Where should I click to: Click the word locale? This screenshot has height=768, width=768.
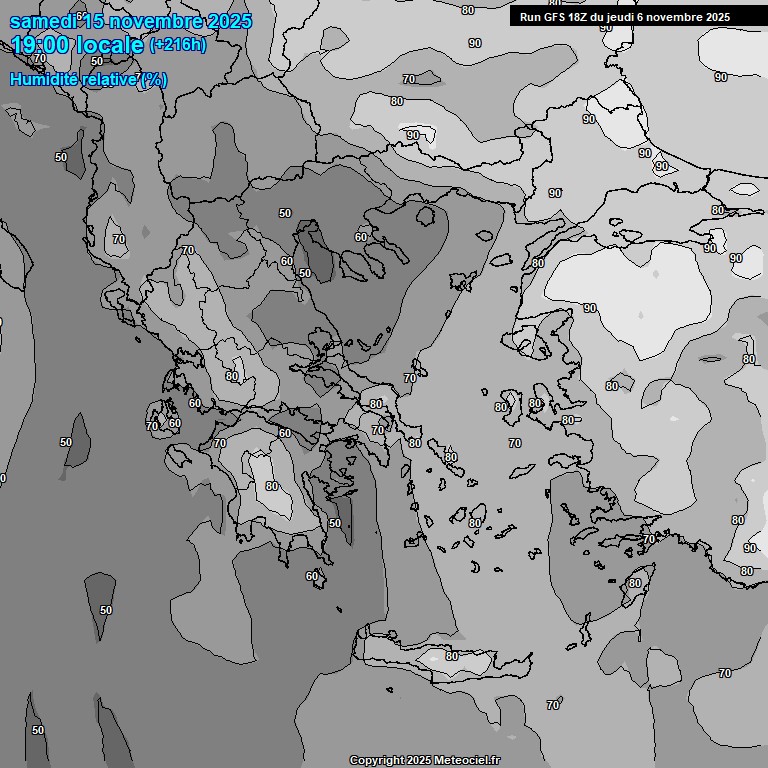[x=114, y=44]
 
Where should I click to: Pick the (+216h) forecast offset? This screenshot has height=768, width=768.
[x=178, y=44]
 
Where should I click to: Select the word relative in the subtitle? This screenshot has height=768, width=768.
[x=106, y=79]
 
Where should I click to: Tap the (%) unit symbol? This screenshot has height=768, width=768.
[x=153, y=80]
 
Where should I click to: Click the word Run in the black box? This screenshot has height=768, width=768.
[x=530, y=17]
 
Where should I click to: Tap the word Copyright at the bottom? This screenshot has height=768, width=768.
[x=376, y=760]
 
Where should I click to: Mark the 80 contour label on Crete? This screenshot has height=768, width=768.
[x=451, y=656]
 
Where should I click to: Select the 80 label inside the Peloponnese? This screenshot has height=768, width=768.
[x=271, y=487]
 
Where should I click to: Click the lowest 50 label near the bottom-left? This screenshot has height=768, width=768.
[x=38, y=730]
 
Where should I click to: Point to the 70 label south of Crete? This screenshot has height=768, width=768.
[x=553, y=705]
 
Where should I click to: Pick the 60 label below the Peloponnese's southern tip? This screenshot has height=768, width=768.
[x=312, y=576]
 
